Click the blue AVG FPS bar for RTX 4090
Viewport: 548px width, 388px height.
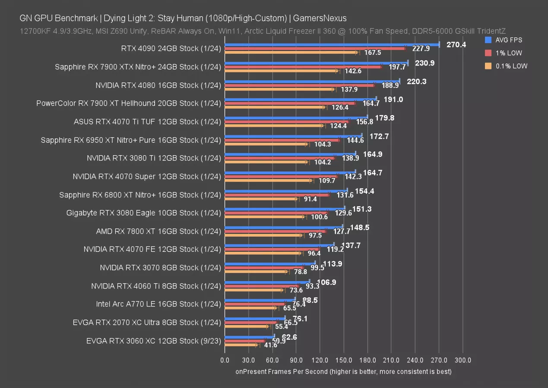point(332,44)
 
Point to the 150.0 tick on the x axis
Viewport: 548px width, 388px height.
point(344,360)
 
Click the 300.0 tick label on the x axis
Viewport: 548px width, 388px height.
point(462,360)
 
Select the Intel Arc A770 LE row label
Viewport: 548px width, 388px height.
point(158,304)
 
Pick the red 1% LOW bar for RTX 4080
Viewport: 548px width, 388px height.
point(299,85)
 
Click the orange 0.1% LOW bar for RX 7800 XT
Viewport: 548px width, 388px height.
point(263,235)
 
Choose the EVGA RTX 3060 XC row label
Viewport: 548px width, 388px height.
point(153,341)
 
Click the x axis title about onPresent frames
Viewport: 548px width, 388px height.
point(343,372)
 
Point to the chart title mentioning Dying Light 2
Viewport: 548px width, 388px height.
point(183,18)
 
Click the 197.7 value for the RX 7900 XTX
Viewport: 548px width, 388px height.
point(397,67)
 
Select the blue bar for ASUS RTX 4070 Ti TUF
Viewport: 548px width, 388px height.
point(296,117)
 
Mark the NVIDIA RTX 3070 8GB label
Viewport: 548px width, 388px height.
point(160,267)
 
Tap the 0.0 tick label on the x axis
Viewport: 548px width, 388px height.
point(225,360)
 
